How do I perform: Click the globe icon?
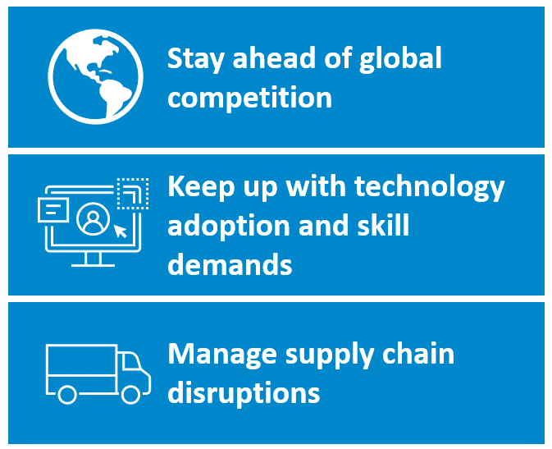pos(95,76)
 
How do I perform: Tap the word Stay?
pos(195,59)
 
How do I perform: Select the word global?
pos(400,59)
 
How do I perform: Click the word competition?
pos(249,98)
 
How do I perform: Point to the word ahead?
pos(274,57)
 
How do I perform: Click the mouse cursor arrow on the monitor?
pos(120,231)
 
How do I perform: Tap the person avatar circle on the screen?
pos(93,219)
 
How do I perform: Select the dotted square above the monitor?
pos(133,194)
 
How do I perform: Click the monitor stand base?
pos(93,264)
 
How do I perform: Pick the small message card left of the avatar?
pos(52,210)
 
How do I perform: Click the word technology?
pos(429,187)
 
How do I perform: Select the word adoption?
pos(229,226)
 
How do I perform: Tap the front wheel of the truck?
pos(131,394)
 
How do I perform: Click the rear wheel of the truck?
pos(67,394)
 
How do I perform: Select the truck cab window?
pos(131,361)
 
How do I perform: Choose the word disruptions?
pos(244,392)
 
